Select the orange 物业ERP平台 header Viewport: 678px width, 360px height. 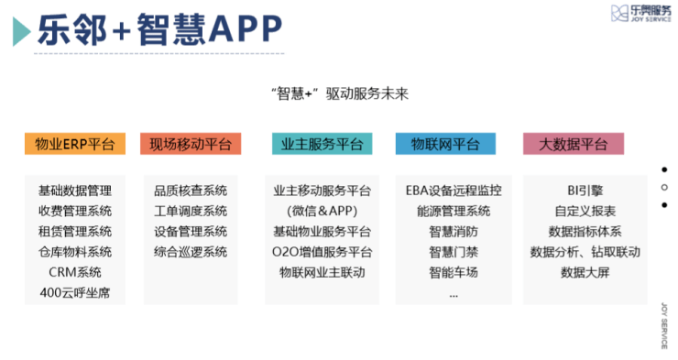tap(75, 144)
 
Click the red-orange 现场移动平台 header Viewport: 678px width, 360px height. tap(191, 144)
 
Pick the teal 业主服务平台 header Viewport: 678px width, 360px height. tap(322, 144)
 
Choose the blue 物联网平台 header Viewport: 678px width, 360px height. tap(445, 144)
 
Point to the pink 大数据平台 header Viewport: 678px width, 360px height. tap(573, 144)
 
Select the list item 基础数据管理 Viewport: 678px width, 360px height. tap(75, 191)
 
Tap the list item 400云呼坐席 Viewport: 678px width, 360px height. tap(75, 292)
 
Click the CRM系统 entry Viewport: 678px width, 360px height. tap(75, 272)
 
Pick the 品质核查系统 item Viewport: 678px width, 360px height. tap(191, 191)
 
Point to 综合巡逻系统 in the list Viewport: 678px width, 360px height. tap(191, 252)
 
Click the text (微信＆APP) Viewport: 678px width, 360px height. tap(322, 212)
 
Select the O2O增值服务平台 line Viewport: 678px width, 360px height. tap(322, 252)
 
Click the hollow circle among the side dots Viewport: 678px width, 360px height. tap(664, 187)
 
